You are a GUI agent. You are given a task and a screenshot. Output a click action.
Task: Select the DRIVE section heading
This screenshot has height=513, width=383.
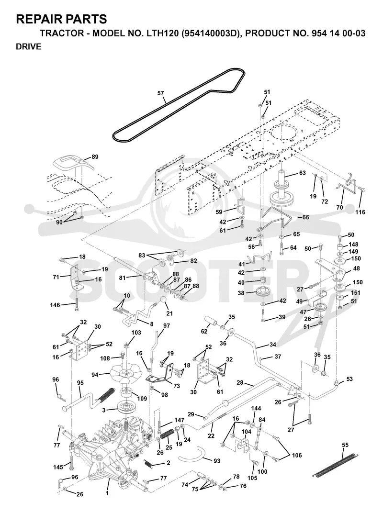click(28, 47)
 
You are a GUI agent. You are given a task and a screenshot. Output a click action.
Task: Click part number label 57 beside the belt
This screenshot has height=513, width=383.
click(160, 93)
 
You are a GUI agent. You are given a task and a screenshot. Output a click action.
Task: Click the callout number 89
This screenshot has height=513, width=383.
click(95, 157)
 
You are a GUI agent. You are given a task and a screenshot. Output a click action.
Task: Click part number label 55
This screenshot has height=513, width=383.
click(345, 445)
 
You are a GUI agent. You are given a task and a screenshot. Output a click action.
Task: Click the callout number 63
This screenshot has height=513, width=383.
click(302, 173)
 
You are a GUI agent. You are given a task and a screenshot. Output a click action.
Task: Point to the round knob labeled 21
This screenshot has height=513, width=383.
click(164, 301)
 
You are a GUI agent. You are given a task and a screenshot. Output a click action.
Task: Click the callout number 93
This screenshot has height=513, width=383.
click(217, 461)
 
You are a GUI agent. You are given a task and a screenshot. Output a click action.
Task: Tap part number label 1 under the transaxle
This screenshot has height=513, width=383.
click(107, 493)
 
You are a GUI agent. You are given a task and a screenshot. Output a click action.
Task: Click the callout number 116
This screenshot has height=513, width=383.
click(360, 212)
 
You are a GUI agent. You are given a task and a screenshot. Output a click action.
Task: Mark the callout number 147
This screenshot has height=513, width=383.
click(180, 420)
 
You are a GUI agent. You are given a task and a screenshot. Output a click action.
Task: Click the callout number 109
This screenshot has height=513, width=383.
click(142, 399)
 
